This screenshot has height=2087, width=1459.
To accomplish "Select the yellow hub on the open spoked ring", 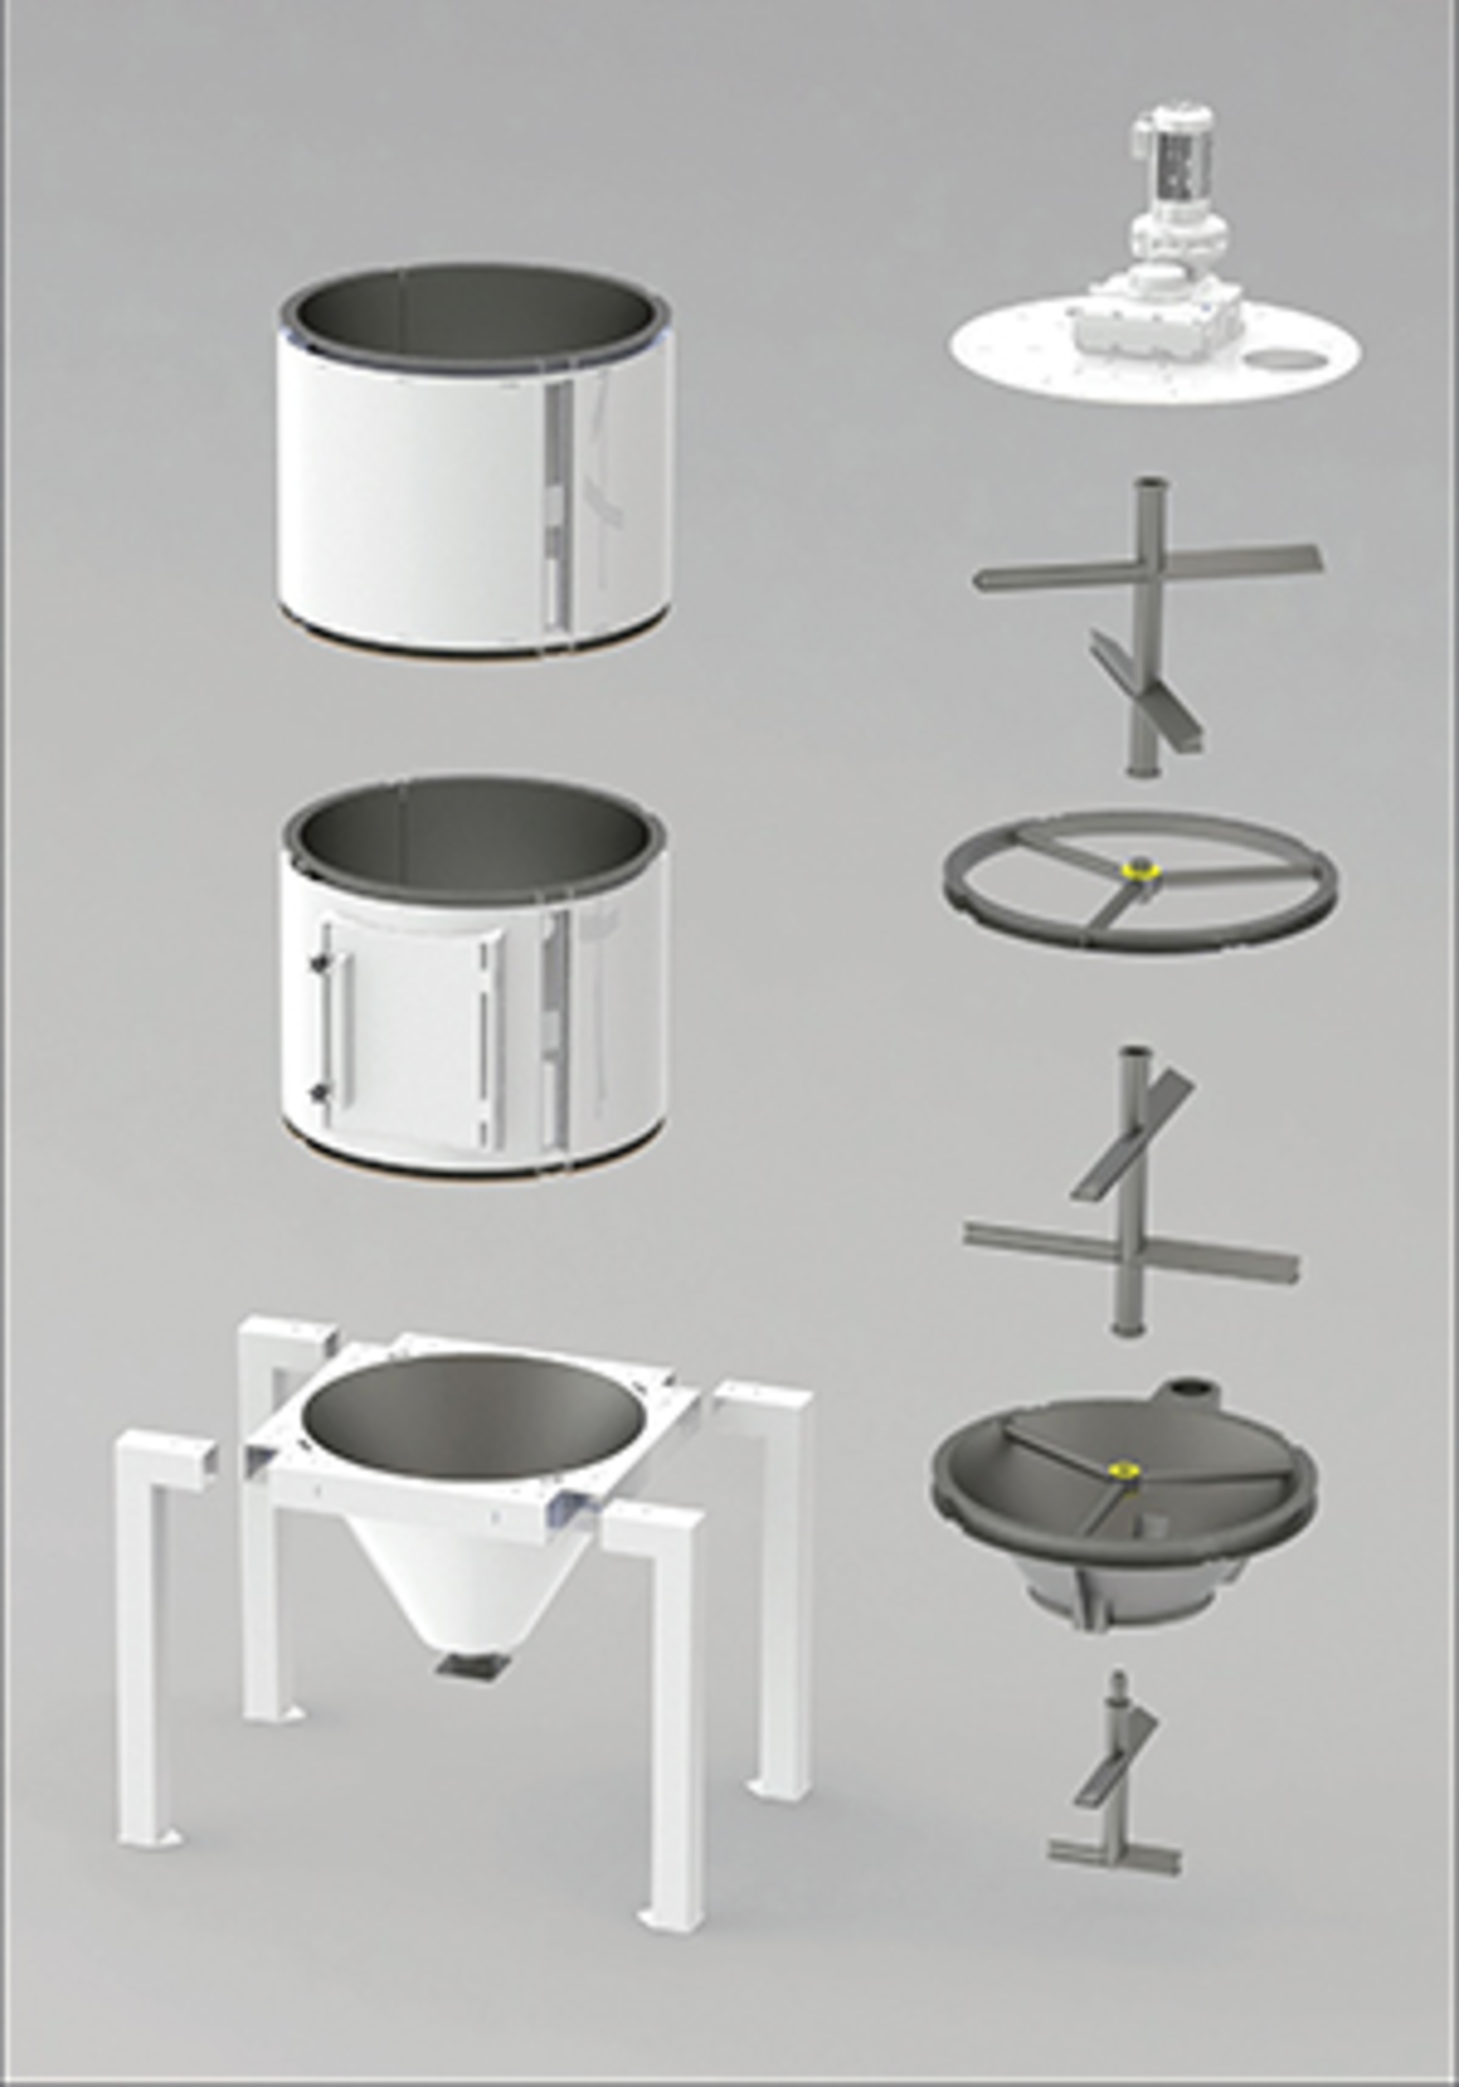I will click(1136, 871).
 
